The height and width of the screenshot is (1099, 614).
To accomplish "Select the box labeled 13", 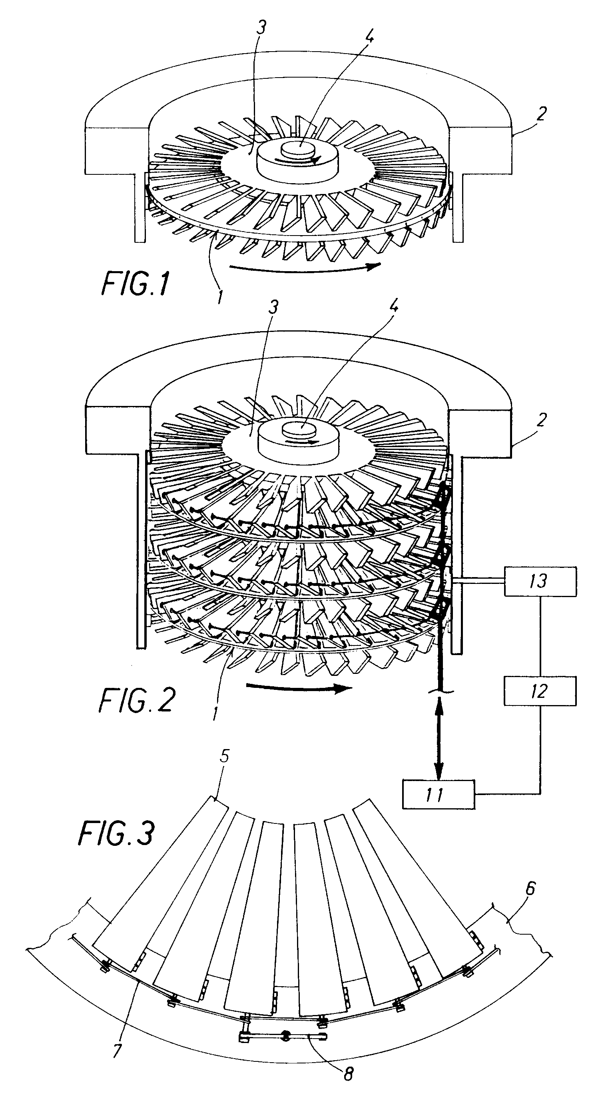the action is point(540,581).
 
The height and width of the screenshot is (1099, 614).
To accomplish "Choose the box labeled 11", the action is point(439,794).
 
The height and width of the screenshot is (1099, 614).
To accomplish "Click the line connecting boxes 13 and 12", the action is point(541,637).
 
